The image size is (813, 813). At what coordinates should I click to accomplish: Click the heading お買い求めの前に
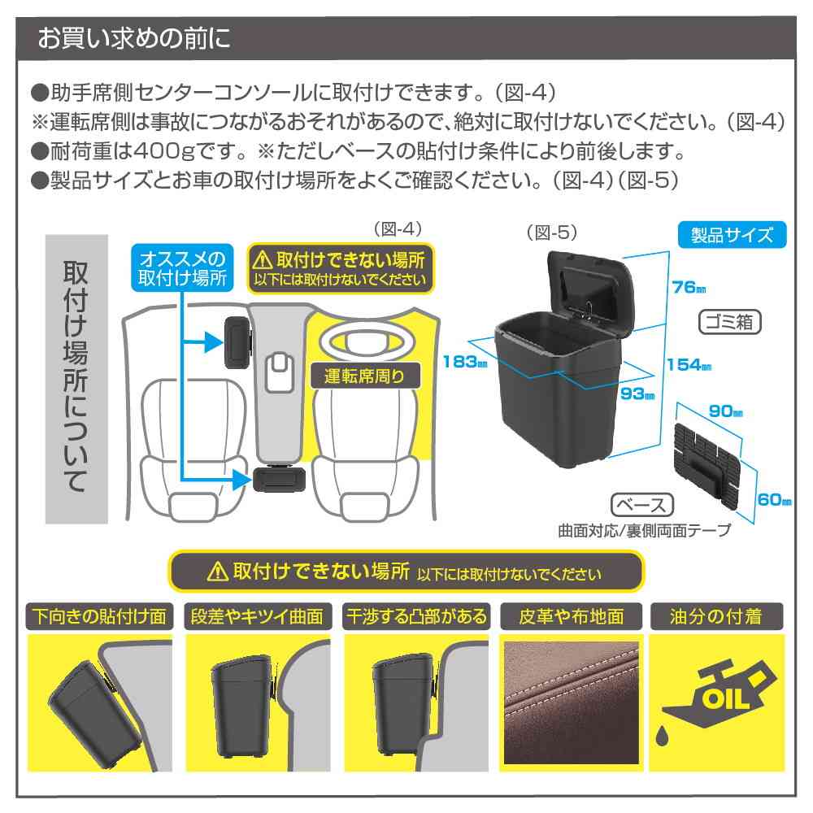tap(134, 38)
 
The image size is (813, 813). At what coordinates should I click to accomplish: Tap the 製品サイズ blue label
tap(732, 236)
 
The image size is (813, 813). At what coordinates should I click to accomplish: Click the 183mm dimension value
tap(459, 362)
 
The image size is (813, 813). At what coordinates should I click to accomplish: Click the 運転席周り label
tap(358, 376)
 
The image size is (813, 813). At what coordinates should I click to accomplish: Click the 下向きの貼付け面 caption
tap(100, 616)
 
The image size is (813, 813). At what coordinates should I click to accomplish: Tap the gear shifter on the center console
tap(280, 372)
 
